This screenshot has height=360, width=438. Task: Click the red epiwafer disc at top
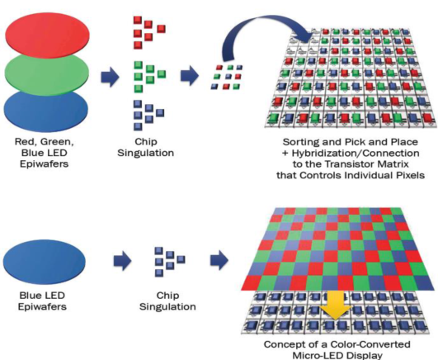tap(48, 34)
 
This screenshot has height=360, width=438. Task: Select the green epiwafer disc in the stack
tap(47, 73)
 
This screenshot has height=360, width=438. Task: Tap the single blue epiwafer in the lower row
tap(45, 262)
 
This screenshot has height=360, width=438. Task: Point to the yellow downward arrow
tap(335, 305)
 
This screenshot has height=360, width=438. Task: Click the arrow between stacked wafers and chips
tap(110, 77)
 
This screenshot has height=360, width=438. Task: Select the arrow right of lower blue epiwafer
tap(122, 261)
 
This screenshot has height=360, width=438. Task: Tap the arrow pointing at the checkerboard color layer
tap(219, 260)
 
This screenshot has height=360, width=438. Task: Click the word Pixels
tap(410, 175)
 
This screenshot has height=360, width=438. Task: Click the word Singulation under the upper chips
tap(145, 154)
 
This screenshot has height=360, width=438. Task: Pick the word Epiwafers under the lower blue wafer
tap(42, 306)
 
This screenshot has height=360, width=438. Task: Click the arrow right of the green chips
tap(190, 75)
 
